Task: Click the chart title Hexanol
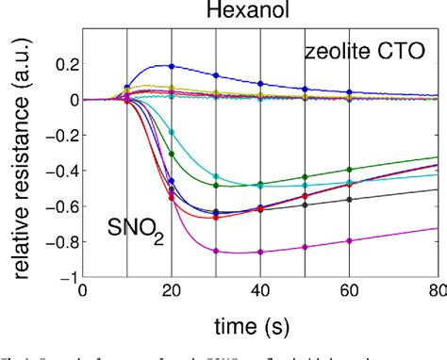tap(261, 13)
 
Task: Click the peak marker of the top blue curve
tap(171, 66)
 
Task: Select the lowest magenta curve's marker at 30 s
tap(216, 251)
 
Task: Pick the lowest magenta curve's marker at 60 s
tap(350, 240)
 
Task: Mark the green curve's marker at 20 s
tap(171, 154)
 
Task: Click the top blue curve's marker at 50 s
tap(306, 89)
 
